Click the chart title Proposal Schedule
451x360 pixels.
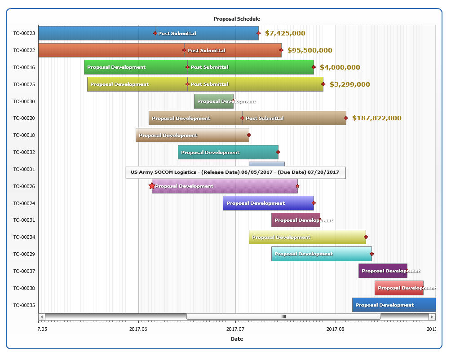(237, 19)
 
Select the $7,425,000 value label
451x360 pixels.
(285, 33)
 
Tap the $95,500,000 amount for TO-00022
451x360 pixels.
(310, 50)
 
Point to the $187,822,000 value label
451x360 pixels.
(377, 119)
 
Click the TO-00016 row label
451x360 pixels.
(24, 67)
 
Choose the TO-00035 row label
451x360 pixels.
(24, 305)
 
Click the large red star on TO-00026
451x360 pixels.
(152, 186)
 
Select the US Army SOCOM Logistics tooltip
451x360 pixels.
(235, 172)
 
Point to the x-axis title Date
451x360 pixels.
(237, 339)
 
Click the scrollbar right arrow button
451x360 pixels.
(432, 317)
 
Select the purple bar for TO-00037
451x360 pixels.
(383, 271)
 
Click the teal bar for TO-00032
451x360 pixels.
(228, 152)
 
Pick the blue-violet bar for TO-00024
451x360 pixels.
(268, 203)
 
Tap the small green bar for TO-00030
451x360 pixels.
(214, 101)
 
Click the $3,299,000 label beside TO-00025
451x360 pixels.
(350, 84)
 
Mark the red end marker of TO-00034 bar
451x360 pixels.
(366, 237)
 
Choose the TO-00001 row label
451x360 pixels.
(24, 169)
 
